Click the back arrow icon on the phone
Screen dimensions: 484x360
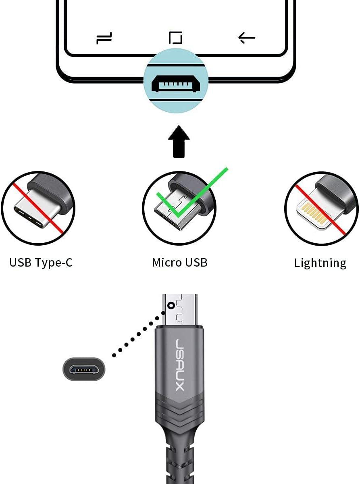point(247,38)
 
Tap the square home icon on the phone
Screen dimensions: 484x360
point(175,38)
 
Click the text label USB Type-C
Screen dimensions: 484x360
point(41,263)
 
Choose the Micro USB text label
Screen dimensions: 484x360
point(179,263)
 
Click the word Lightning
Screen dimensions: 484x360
point(320,263)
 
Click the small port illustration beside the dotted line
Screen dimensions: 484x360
point(84,369)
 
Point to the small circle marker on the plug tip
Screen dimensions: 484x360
point(172,306)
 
